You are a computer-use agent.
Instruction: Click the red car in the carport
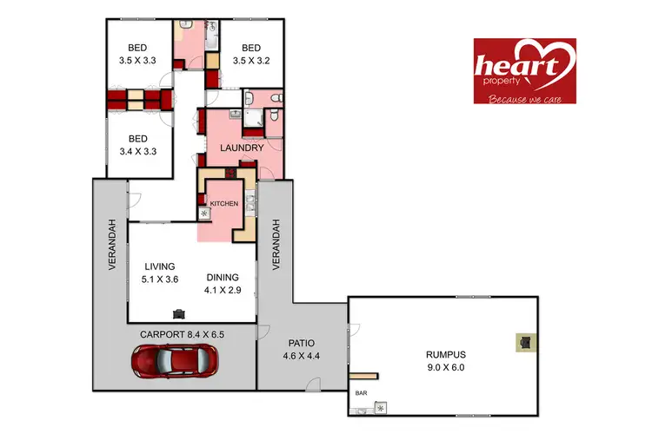click(175, 361)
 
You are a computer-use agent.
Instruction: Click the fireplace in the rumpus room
click(524, 342)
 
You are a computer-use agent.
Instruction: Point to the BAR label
click(361, 393)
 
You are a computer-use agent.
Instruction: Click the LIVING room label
click(159, 266)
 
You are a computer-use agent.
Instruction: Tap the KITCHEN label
click(223, 203)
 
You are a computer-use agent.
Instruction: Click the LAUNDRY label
click(242, 148)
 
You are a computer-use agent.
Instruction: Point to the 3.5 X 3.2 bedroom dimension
click(251, 62)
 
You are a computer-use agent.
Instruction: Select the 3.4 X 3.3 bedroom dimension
click(138, 152)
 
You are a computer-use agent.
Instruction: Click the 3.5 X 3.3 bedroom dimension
click(138, 62)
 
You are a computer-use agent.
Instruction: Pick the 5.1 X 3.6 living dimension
click(159, 279)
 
